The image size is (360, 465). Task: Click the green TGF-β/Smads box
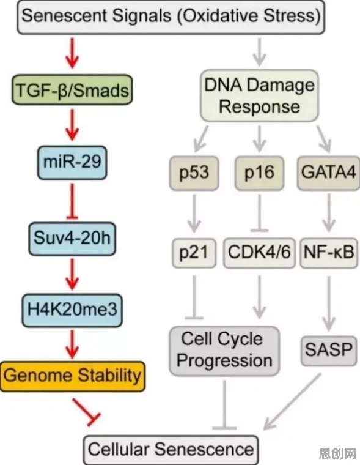click(72, 90)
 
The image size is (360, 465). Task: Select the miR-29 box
click(72, 163)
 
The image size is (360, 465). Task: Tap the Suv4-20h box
click(72, 239)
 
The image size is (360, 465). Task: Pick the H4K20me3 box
click(72, 310)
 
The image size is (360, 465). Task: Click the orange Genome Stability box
click(73, 376)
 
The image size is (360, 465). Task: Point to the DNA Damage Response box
click(260, 95)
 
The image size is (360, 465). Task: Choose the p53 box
click(194, 173)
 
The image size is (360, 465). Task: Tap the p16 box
click(260, 173)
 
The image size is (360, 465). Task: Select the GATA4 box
click(329, 173)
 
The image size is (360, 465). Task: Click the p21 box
click(194, 253)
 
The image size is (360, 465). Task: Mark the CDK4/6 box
click(260, 253)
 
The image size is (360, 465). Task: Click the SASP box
click(329, 351)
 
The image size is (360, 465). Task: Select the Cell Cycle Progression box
click(224, 351)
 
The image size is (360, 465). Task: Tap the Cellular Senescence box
click(171, 450)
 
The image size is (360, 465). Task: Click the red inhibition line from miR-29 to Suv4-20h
click(72, 202)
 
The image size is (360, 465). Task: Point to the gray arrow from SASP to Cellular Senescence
click(292, 401)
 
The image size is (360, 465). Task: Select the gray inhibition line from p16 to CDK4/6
click(260, 212)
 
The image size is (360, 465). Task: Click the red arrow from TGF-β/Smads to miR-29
click(72, 125)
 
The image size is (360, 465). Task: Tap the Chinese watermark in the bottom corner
click(337, 453)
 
